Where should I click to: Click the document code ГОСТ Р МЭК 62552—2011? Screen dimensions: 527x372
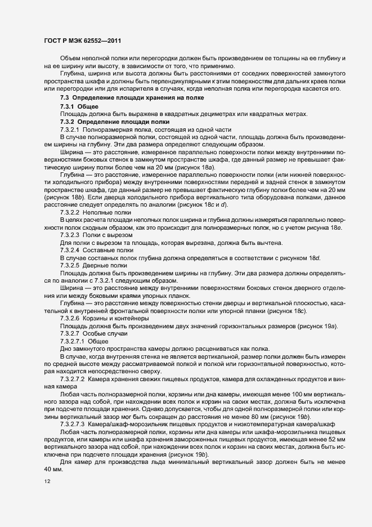pyautogui.click(x=82, y=41)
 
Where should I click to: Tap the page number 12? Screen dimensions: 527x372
pyautogui.click(x=47, y=481)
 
